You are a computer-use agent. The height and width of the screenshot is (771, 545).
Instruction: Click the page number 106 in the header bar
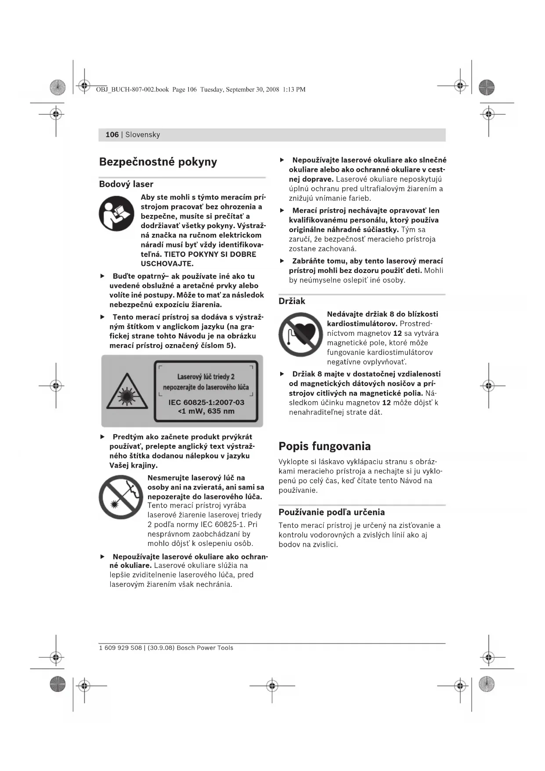(x=112, y=135)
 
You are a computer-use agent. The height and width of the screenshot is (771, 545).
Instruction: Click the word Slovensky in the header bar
(x=143, y=135)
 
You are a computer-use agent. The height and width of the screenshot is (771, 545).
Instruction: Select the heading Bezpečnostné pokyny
(x=158, y=162)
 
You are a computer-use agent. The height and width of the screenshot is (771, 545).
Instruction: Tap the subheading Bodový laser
(x=126, y=184)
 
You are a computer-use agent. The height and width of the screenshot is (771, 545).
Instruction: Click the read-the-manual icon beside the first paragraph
(x=116, y=214)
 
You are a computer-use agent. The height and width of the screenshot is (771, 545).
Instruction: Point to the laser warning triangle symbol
(x=127, y=391)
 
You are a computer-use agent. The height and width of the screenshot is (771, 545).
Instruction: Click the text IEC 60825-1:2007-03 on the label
(x=206, y=402)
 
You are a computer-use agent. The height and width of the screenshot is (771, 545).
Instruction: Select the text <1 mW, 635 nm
(x=206, y=411)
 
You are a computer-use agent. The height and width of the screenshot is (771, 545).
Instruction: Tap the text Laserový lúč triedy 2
(x=206, y=377)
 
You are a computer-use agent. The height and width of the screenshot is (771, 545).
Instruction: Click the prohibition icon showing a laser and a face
(x=121, y=497)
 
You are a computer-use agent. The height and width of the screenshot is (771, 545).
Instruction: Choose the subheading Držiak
(x=292, y=301)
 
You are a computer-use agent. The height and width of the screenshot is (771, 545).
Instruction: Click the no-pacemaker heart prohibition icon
(x=300, y=334)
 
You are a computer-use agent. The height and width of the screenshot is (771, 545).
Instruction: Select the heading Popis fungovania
(x=325, y=446)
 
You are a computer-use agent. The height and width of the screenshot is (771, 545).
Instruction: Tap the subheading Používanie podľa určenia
(x=332, y=512)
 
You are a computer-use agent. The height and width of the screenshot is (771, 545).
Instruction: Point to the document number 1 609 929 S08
(x=121, y=648)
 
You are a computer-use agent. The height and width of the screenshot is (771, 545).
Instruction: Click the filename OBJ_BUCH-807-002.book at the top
(x=132, y=90)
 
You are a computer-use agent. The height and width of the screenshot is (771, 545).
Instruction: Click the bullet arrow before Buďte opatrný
(x=103, y=276)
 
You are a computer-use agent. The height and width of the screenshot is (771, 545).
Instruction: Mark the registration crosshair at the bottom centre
(x=272, y=685)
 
